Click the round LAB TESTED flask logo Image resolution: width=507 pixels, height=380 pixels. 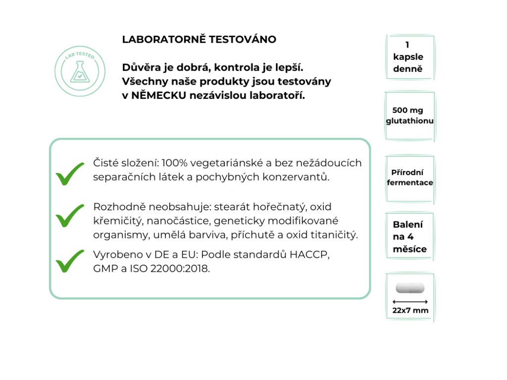(80, 71)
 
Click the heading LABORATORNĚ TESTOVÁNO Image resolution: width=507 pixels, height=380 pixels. (199, 40)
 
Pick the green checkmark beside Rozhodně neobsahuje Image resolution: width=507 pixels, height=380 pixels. (70, 215)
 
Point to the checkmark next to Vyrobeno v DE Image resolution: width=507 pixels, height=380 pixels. (70, 261)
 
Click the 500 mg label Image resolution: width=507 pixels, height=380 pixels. (408, 110)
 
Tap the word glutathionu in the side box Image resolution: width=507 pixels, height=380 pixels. (410, 121)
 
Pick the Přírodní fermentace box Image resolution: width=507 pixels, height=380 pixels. (410, 178)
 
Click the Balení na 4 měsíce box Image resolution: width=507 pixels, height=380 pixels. (410, 237)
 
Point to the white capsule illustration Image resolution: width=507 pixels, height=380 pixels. (410, 287)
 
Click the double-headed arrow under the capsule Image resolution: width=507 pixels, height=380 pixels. (410, 301)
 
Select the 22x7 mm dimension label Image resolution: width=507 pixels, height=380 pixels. (410, 311)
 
